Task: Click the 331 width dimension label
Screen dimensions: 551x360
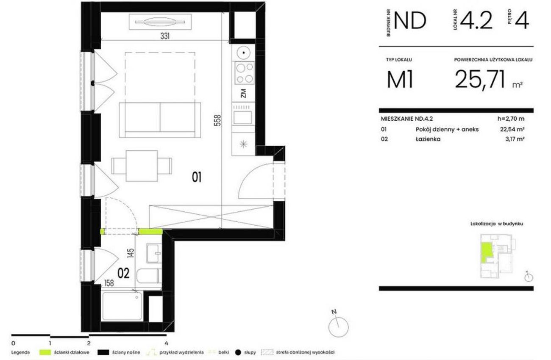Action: coord(165,36)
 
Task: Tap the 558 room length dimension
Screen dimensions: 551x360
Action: coord(218,121)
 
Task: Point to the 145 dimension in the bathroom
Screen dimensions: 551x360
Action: coord(131,253)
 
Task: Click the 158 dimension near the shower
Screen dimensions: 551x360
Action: coord(109,283)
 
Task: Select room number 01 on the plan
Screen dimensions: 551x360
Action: coord(197,177)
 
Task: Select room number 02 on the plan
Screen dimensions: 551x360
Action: coord(123,273)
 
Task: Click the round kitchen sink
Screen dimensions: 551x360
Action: coord(244,53)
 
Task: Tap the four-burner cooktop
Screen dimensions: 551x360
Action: coord(244,73)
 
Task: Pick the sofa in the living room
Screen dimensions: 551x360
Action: coord(160,120)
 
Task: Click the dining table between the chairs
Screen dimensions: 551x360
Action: coord(142,166)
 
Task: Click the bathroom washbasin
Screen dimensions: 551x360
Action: coord(154,253)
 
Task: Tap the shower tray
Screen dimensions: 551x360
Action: coord(122,306)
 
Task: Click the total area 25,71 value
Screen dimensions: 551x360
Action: coord(480,79)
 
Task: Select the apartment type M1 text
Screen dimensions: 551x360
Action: coord(400,80)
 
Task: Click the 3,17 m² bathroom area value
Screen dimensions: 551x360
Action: coord(515,139)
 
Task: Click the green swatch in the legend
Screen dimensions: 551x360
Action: coord(45,352)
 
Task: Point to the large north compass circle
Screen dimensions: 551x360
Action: coord(339,327)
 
